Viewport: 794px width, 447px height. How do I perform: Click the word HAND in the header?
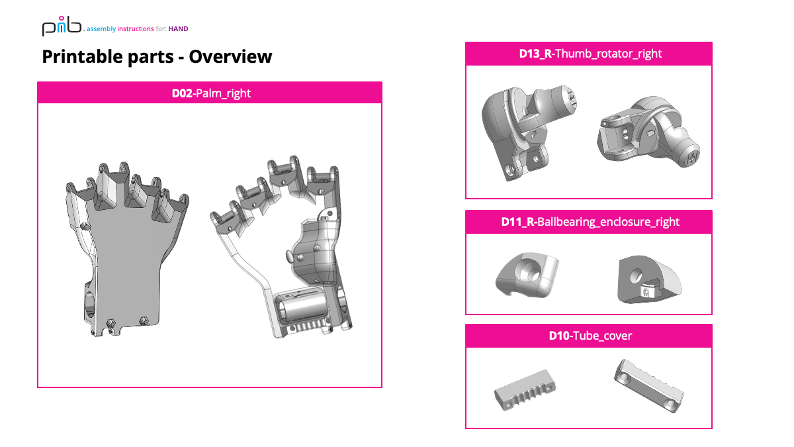click(x=179, y=29)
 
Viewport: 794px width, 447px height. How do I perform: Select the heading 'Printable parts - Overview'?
click(x=157, y=57)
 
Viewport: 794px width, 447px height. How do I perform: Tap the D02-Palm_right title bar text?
click(x=210, y=93)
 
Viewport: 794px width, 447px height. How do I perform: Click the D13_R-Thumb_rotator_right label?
click(x=589, y=54)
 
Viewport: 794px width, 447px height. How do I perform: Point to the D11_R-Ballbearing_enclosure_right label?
click(x=589, y=222)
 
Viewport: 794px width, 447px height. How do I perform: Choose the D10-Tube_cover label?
click(x=589, y=336)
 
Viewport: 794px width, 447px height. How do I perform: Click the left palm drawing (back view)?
click(x=126, y=245)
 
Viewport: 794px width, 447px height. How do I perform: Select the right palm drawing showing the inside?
click(x=285, y=252)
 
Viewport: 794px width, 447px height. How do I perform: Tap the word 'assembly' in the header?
click(x=101, y=29)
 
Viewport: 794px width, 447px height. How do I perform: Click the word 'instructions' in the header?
click(x=135, y=29)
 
